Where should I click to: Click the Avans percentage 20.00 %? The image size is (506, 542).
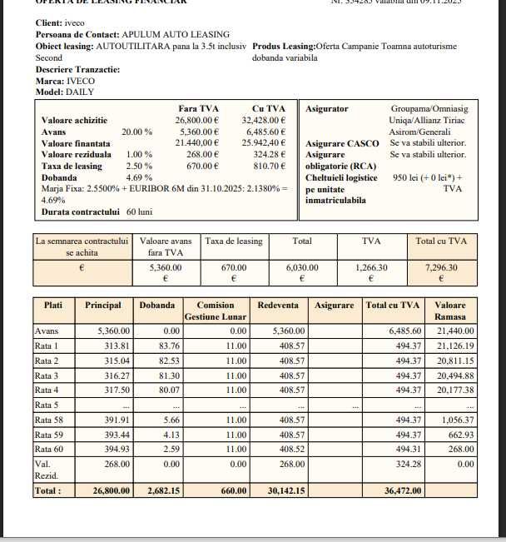136,132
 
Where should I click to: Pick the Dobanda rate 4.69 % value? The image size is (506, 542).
138,177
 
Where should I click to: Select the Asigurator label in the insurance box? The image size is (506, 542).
327,109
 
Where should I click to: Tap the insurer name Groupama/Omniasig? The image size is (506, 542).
429,109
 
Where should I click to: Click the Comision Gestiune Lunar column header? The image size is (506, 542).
216,311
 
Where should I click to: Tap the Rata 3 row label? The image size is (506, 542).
47,375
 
